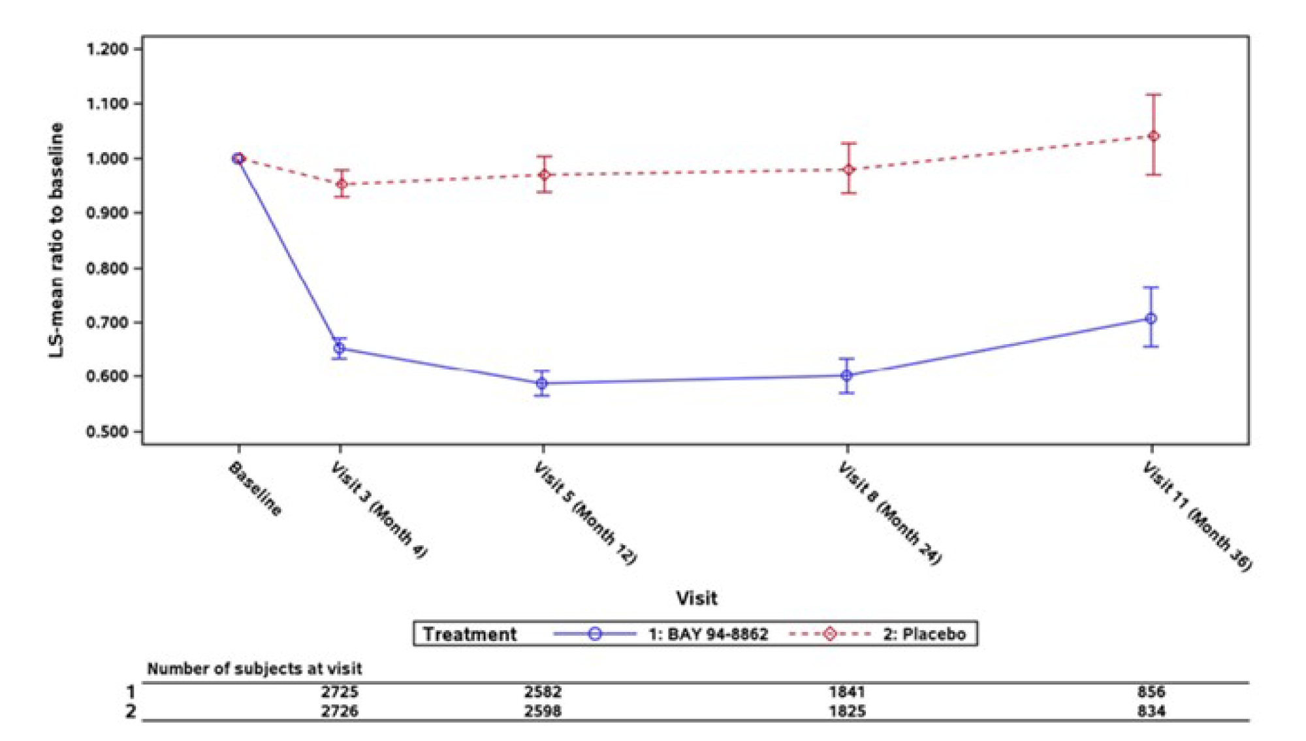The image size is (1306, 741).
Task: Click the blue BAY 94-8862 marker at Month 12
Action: (542, 384)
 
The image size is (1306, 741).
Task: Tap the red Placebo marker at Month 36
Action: (1154, 136)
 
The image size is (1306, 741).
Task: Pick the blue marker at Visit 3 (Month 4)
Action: (339, 349)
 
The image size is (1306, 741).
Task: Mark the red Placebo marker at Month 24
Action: (848, 170)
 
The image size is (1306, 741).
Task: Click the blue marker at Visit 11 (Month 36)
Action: (1151, 319)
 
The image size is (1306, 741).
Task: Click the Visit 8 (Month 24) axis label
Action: (889, 513)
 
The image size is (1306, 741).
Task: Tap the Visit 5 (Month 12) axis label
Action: (585, 513)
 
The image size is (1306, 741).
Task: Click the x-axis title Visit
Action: (696, 598)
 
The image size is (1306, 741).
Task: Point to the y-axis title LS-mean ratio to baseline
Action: (57, 240)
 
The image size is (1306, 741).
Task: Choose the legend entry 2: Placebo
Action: (924, 634)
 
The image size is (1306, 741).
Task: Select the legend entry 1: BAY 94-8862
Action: (708, 634)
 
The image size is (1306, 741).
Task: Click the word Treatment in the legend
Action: (470, 634)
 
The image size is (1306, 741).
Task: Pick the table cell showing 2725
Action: (340, 692)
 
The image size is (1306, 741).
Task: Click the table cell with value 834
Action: (1151, 711)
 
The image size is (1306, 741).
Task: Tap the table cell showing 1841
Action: (847, 692)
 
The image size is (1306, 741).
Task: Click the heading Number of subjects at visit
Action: (254, 669)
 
